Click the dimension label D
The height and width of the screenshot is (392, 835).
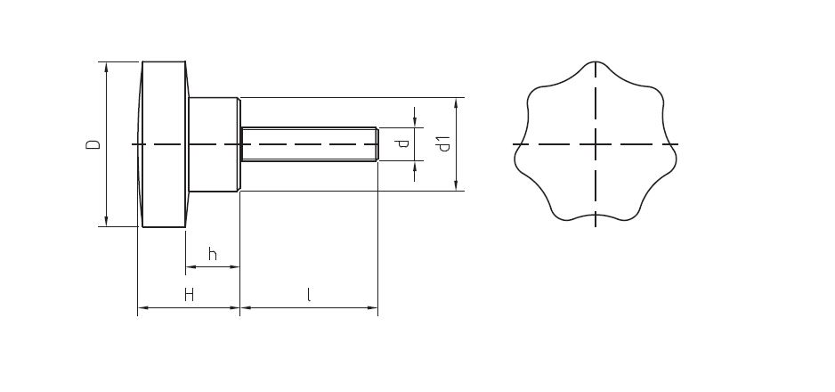pos(92,144)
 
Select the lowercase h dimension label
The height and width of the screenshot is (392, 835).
pos(212,255)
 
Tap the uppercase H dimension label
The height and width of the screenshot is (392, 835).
pos(189,295)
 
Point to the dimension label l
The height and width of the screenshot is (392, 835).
pos(308,295)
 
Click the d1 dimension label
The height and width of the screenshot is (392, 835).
pos(444,143)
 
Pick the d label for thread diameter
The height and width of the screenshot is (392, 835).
pos(403,143)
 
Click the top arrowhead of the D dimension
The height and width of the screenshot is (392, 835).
pos(106,67)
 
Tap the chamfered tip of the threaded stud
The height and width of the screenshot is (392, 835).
pos(377,144)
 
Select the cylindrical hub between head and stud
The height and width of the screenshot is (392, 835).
pos(214,144)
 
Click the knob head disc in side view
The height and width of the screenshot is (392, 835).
pos(163,144)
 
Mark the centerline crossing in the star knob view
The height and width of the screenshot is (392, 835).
pos(596,143)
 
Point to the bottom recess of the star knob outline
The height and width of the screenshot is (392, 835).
pos(596,218)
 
